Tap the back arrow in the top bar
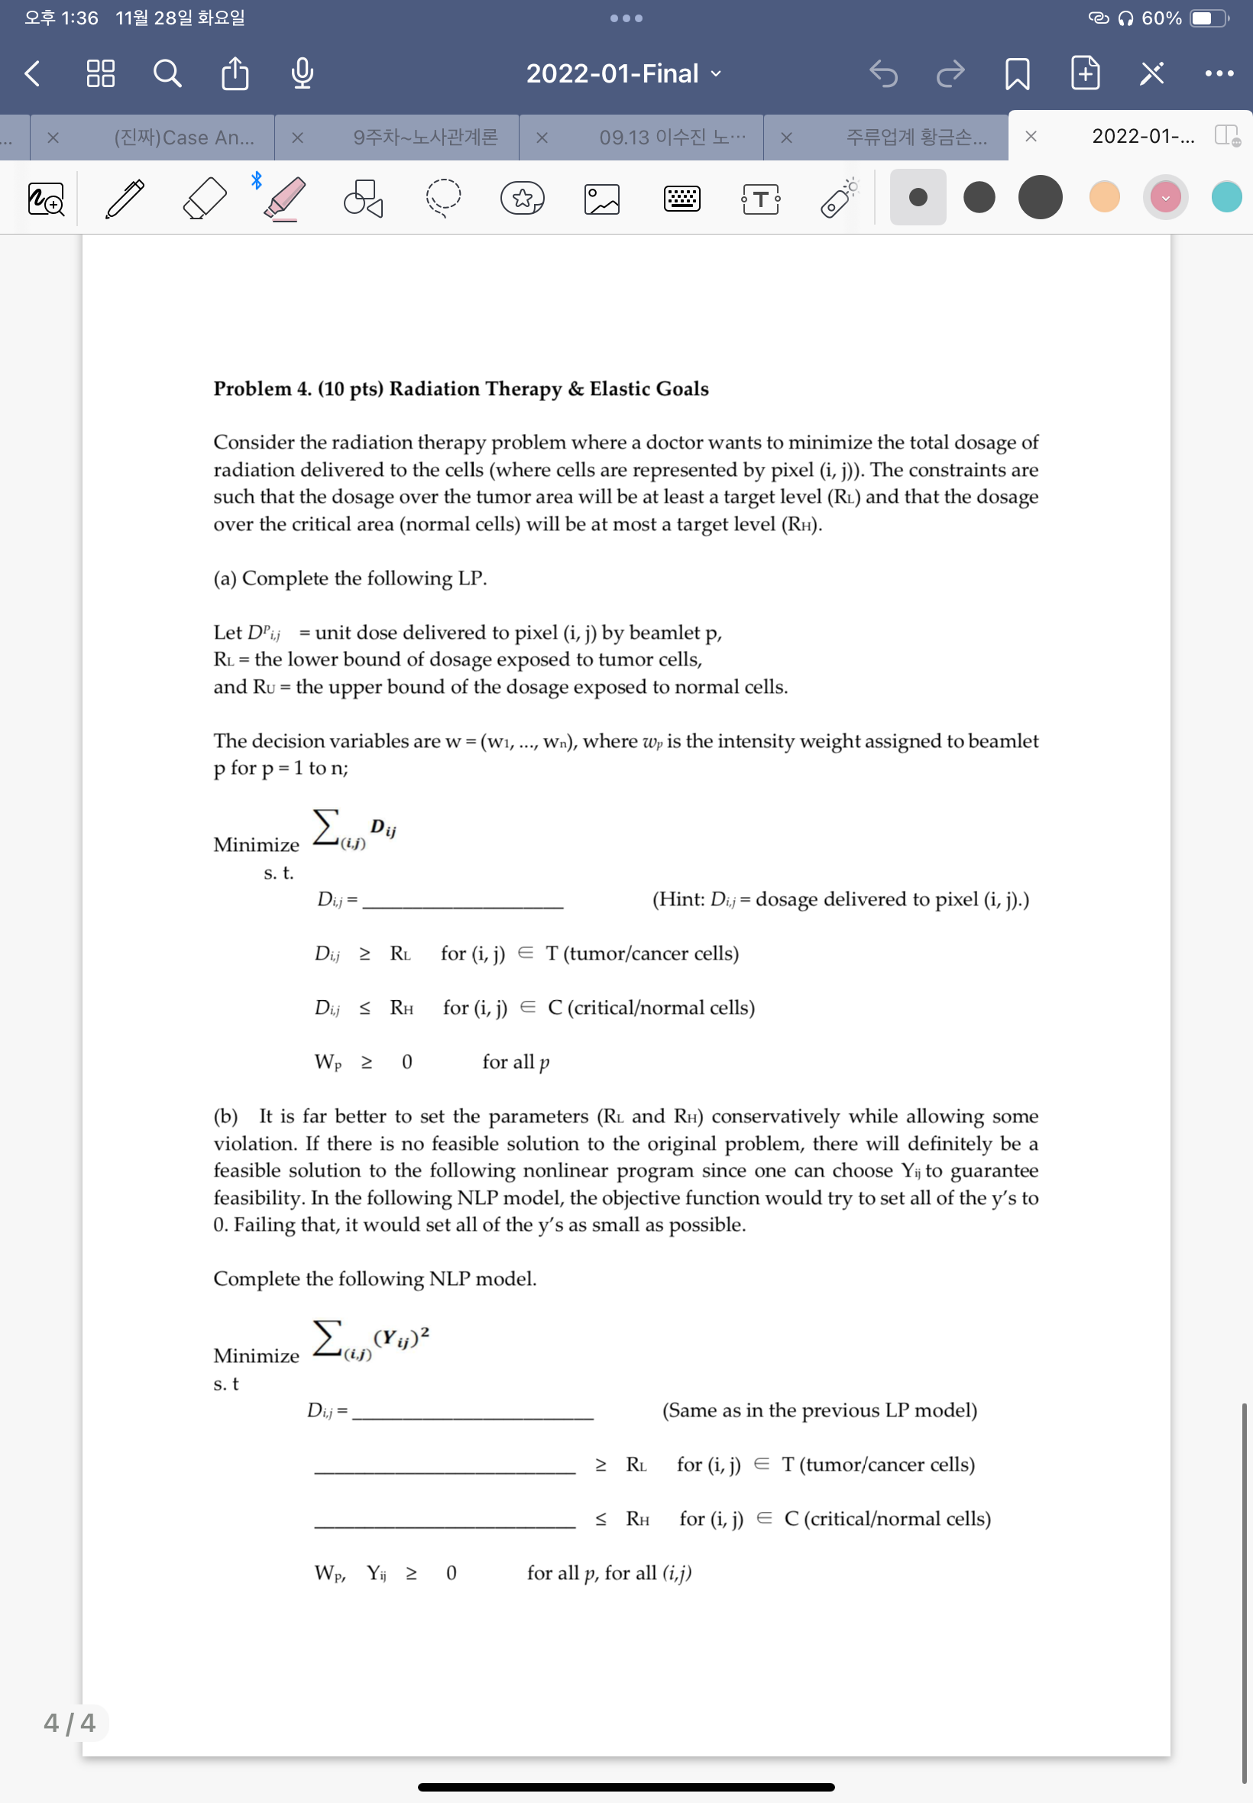[32, 74]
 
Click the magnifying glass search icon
[167, 74]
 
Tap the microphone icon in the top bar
[303, 74]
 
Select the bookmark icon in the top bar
[1018, 74]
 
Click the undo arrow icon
[883, 74]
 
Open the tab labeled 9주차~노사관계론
[425, 138]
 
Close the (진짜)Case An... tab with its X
[53, 138]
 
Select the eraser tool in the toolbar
[204, 198]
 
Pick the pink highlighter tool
[284, 198]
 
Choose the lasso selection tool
[444, 198]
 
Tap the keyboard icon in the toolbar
[682, 198]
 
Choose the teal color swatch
[1225, 197]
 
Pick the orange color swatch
[1104, 197]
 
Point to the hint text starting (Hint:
[840, 898]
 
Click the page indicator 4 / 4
[69, 1722]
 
